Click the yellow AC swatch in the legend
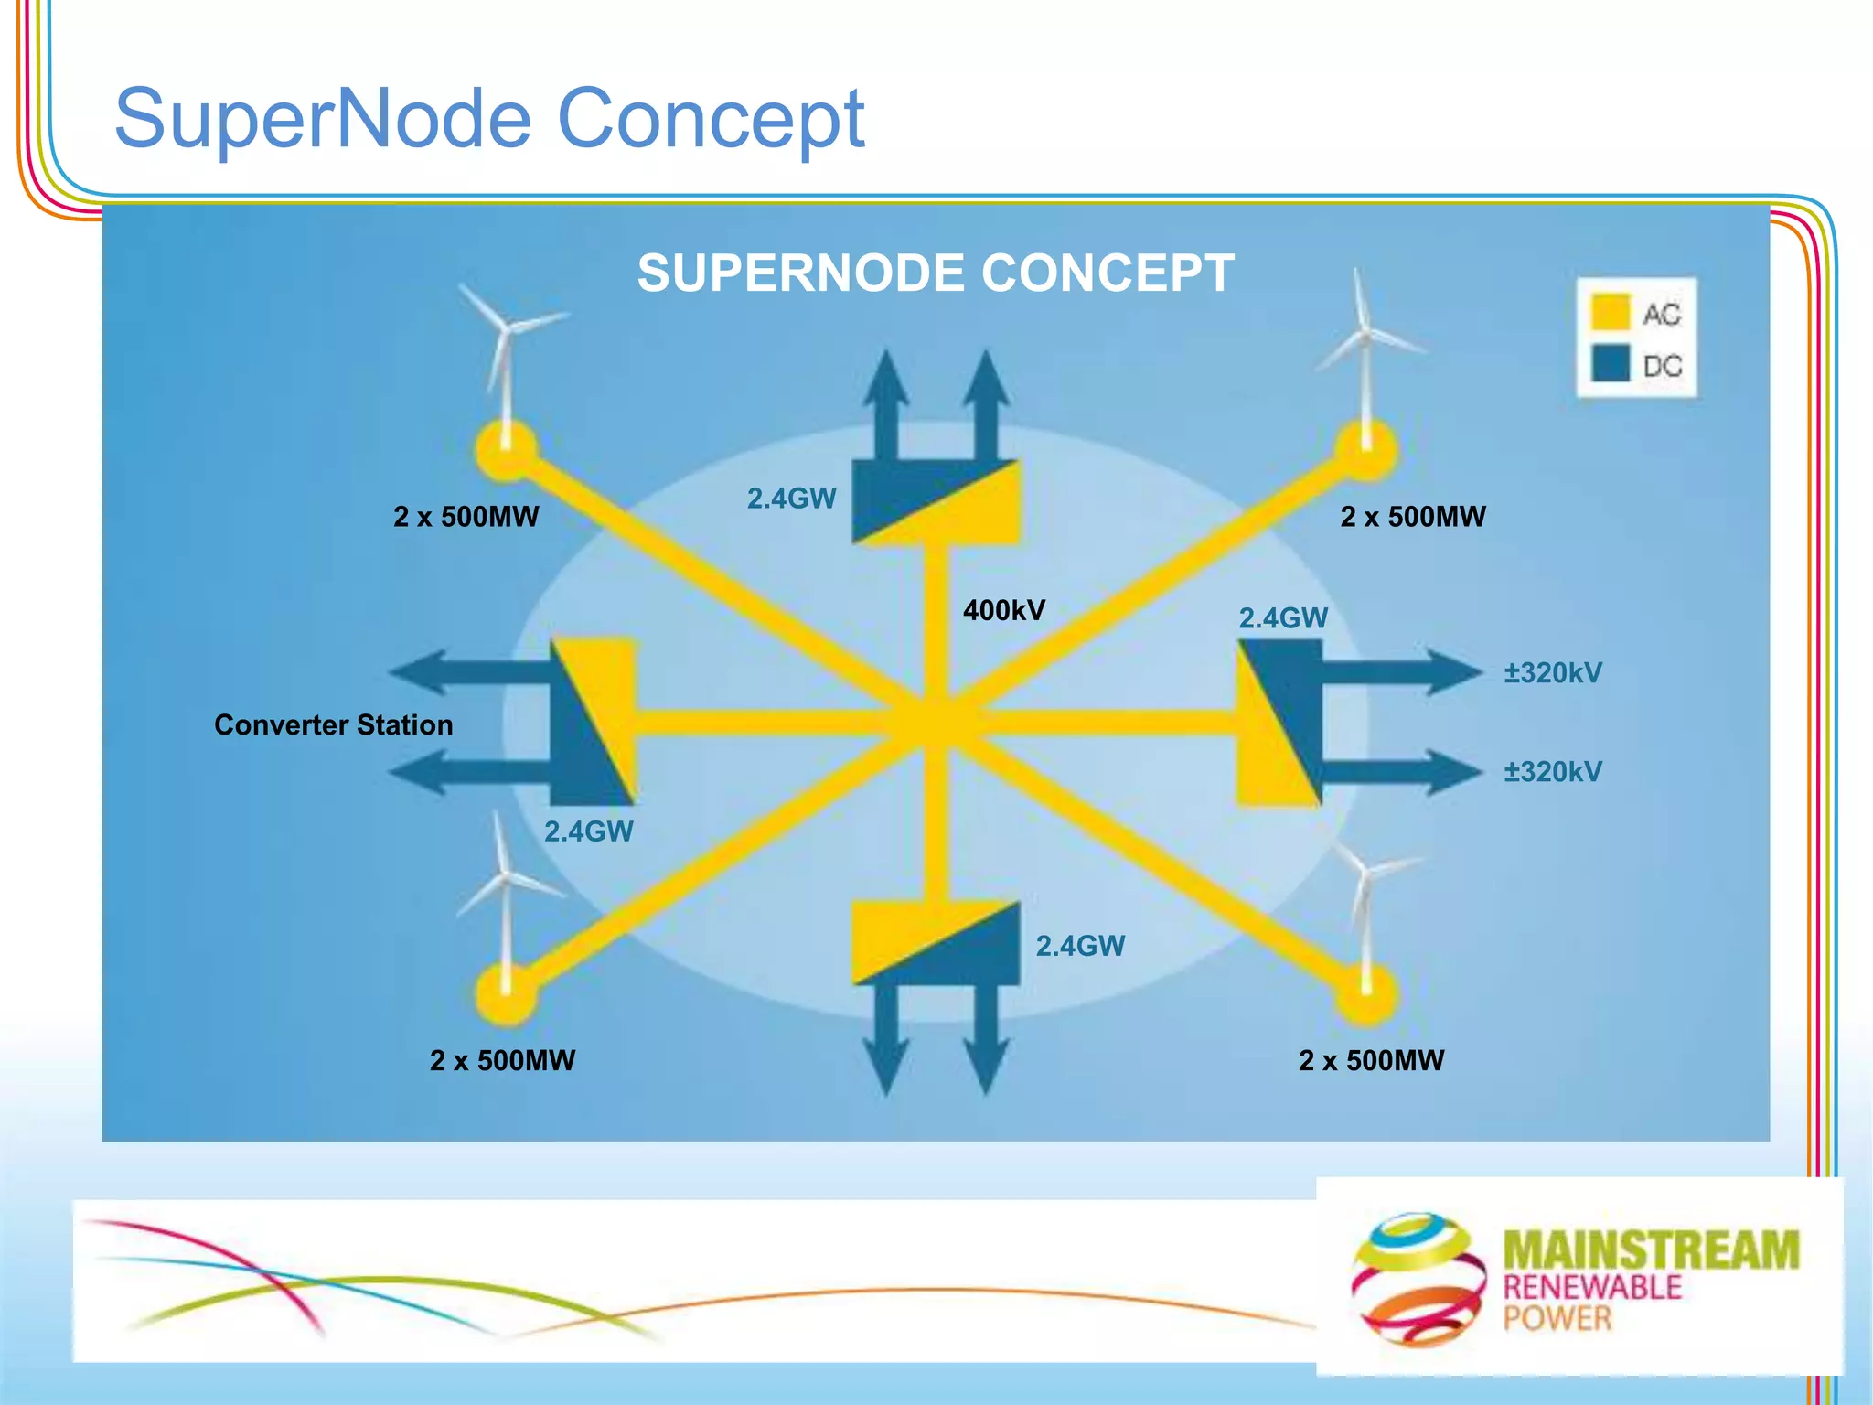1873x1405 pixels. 1610,312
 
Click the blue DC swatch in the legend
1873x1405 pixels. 1610,363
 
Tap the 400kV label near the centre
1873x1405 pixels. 1003,610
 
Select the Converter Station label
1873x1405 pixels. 333,724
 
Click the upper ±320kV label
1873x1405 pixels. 1553,673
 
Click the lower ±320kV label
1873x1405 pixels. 1553,771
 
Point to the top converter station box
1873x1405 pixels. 936,502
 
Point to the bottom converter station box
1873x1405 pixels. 936,943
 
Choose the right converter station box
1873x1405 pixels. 1279,723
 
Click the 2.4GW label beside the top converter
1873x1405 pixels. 791,499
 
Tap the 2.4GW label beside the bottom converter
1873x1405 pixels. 1080,946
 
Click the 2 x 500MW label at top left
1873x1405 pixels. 466,517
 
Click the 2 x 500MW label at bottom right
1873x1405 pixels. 1371,1060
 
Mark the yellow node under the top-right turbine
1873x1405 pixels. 1365,449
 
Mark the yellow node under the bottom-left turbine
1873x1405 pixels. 506,994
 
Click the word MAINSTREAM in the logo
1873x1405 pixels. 1651,1249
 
